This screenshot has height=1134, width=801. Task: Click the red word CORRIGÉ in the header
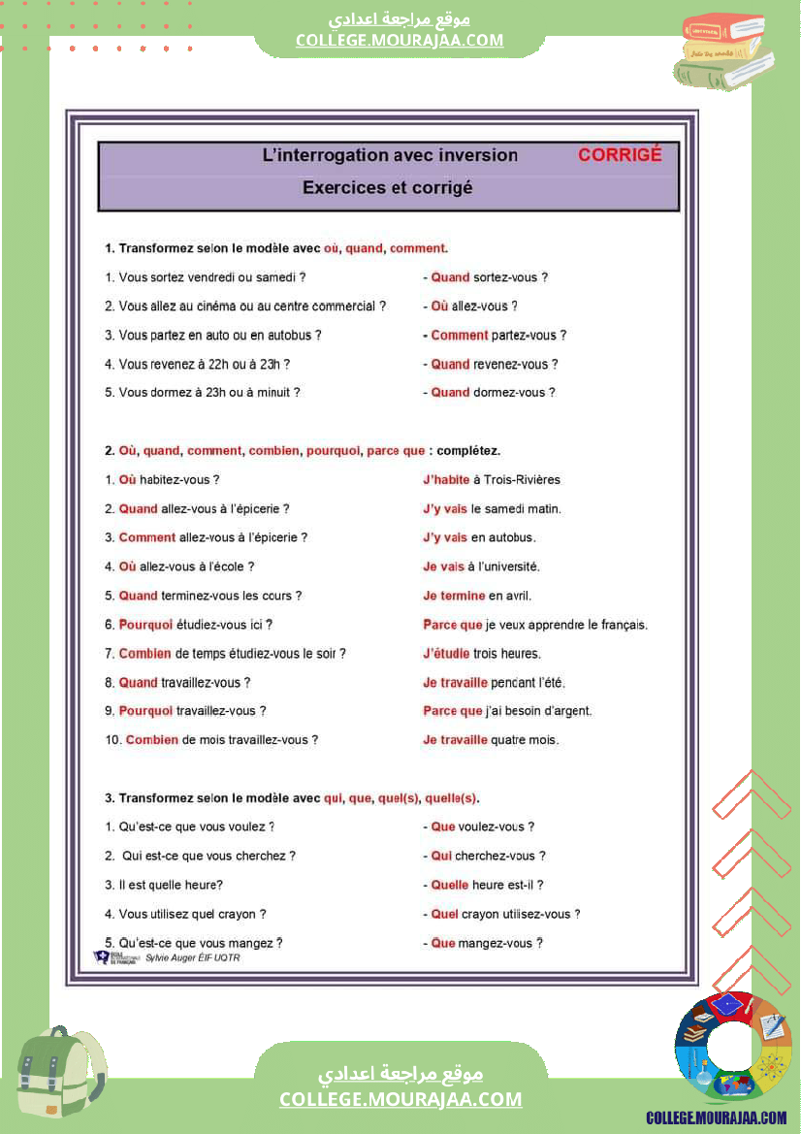[x=620, y=154]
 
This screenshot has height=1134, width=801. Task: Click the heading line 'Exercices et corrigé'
[x=388, y=187]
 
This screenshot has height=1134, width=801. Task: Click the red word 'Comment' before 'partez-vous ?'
[x=460, y=336]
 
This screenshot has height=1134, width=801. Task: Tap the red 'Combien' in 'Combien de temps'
[x=145, y=654]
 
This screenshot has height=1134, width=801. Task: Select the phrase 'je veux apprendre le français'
[x=566, y=625]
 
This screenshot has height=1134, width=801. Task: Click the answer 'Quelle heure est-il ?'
[x=487, y=885]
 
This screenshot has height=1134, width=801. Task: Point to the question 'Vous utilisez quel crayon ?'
[x=185, y=914]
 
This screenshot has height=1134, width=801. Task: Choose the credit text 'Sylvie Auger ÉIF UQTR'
[x=192, y=957]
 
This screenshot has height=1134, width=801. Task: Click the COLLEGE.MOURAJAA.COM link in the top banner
[x=400, y=40]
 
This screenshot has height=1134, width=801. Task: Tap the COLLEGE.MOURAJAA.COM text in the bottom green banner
[x=400, y=1099]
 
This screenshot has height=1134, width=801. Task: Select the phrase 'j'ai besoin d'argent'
[x=538, y=711]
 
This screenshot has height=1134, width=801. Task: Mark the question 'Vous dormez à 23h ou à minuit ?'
[x=203, y=393]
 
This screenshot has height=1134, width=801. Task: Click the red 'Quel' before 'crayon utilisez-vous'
[x=444, y=914]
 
